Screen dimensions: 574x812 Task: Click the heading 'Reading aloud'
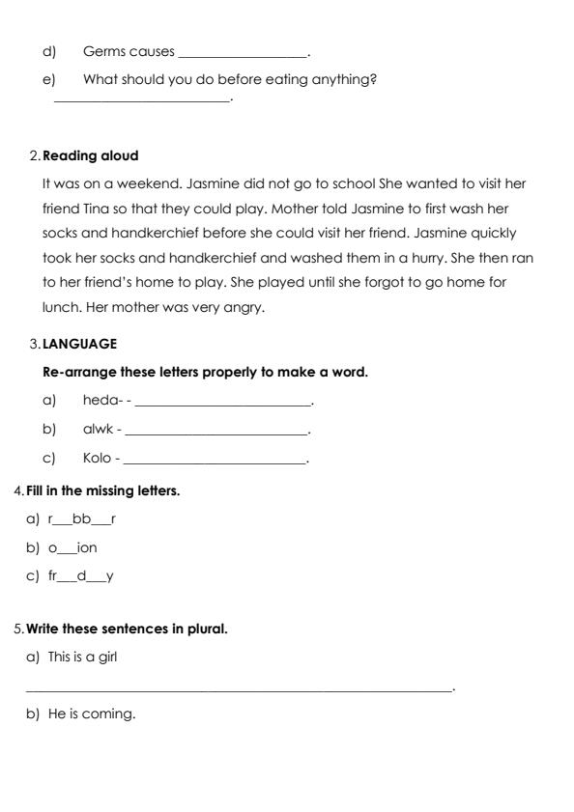(91, 155)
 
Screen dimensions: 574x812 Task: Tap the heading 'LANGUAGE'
(80, 343)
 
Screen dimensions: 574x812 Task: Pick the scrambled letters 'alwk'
(99, 430)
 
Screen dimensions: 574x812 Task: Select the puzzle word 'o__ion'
(72, 547)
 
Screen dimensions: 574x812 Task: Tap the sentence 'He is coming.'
(92, 715)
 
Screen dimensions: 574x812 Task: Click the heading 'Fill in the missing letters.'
(103, 490)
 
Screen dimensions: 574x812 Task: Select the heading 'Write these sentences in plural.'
(127, 630)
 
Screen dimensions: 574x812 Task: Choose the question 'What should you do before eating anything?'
(230, 79)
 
